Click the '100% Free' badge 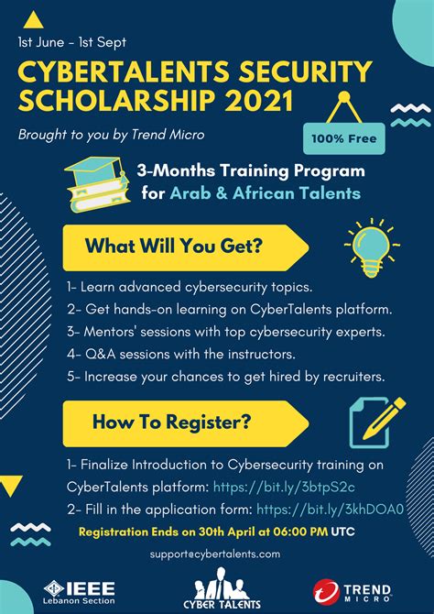point(343,139)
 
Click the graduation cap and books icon point(98,181)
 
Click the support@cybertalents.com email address point(216,554)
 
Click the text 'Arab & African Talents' point(265,193)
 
